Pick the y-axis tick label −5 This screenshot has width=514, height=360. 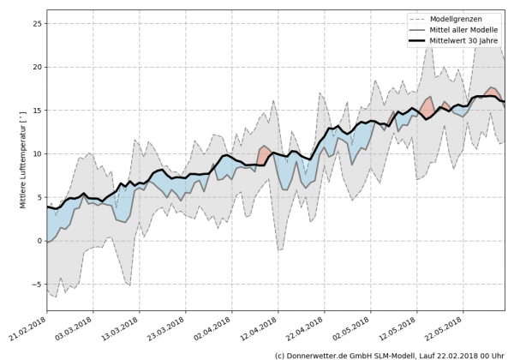pyautogui.click(x=37, y=285)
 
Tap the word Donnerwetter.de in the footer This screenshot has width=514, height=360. pyautogui.click(x=320, y=354)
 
